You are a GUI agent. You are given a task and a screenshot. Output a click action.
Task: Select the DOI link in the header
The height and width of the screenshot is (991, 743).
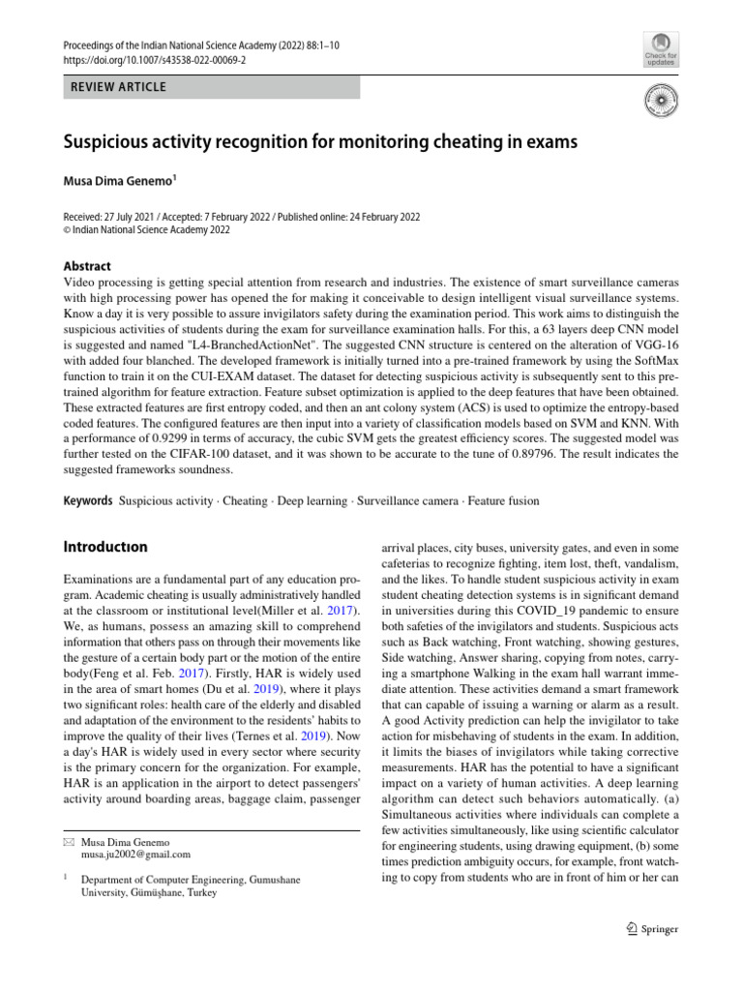tap(155, 59)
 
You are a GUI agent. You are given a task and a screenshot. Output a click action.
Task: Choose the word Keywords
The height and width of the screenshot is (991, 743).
tap(87, 501)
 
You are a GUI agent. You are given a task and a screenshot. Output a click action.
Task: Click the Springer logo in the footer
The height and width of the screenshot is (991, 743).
tap(652, 929)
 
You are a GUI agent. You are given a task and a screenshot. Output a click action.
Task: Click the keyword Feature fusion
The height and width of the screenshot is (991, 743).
tap(505, 501)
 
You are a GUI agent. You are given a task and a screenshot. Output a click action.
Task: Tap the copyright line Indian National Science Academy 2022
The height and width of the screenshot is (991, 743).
tap(147, 231)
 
